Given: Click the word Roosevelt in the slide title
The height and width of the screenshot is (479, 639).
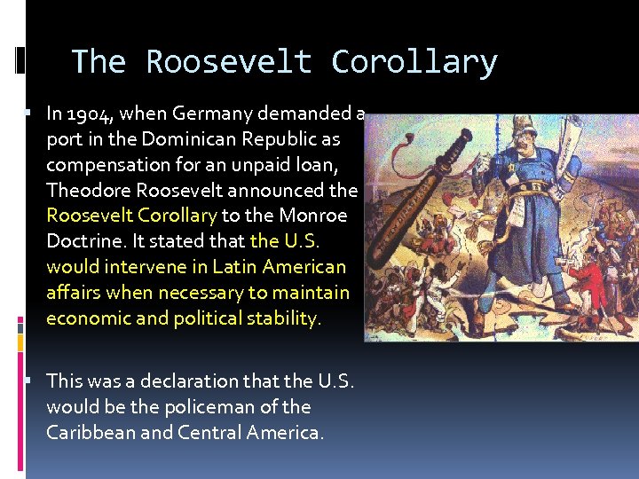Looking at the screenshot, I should pos(229,62).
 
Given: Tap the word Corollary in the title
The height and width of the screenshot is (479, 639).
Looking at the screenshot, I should pos(414,62).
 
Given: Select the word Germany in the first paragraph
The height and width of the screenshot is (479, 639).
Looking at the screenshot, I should pos(217,114).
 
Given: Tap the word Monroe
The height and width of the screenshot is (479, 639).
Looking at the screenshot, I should pos(317,216).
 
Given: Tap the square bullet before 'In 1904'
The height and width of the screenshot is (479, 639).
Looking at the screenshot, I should pos(29,114).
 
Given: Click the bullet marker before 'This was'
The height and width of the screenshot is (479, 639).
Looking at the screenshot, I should pos(29,381).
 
